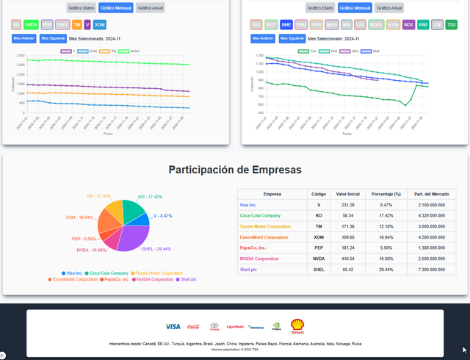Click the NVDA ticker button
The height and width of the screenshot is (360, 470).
(x=31, y=25)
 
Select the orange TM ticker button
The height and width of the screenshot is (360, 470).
(x=77, y=25)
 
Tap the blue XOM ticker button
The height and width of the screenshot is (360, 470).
(x=100, y=25)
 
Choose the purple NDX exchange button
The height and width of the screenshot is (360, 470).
(x=409, y=25)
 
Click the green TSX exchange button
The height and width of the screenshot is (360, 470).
(x=451, y=25)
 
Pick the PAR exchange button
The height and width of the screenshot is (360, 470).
(x=424, y=25)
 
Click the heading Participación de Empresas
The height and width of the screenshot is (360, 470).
(x=235, y=170)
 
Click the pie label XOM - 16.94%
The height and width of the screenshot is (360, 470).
(x=79, y=217)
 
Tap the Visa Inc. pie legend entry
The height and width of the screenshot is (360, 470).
(x=72, y=273)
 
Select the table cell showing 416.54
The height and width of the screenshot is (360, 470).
(x=348, y=259)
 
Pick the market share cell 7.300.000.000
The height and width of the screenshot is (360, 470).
(x=427, y=270)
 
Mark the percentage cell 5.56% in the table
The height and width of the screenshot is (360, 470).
(x=386, y=248)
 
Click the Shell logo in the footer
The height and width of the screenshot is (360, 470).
(x=297, y=326)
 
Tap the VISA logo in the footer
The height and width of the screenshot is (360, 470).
(x=173, y=326)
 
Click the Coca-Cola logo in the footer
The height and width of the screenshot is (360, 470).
(x=194, y=327)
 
